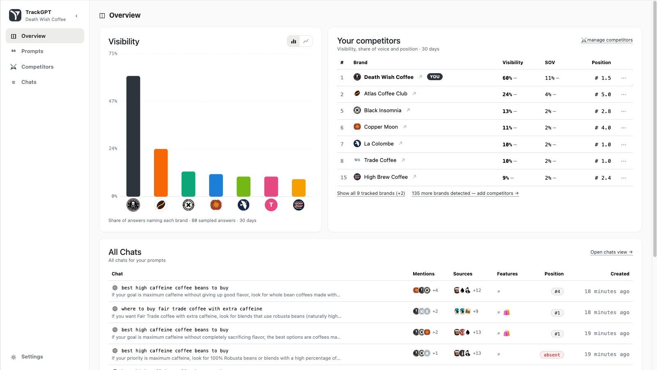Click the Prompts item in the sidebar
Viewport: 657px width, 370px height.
tap(32, 51)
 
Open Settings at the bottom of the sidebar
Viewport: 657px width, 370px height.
tap(32, 356)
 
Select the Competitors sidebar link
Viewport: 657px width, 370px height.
tap(37, 67)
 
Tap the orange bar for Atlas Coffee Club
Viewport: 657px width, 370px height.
tap(161, 173)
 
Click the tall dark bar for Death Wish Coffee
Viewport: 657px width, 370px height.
tap(133, 136)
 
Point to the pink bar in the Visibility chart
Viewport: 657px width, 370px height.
tap(271, 187)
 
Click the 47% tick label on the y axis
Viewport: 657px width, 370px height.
tap(113, 101)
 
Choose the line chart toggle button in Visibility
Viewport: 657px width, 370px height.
tap(306, 41)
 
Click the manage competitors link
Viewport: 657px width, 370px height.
tap(607, 40)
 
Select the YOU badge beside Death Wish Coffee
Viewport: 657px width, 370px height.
tap(435, 76)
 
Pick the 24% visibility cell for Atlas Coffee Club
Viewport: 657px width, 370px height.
tap(507, 95)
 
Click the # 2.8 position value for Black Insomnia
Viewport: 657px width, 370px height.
tap(603, 111)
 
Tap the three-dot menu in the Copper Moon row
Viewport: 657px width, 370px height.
tap(624, 128)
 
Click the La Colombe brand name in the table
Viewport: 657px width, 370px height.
tap(379, 143)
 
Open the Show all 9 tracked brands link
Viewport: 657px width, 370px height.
tap(371, 193)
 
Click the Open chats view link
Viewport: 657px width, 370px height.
tap(611, 252)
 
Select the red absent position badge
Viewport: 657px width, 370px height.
tap(552, 355)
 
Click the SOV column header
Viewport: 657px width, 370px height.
tap(550, 62)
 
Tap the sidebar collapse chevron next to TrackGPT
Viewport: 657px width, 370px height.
tap(76, 16)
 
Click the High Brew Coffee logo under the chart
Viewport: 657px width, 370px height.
tap(299, 205)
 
